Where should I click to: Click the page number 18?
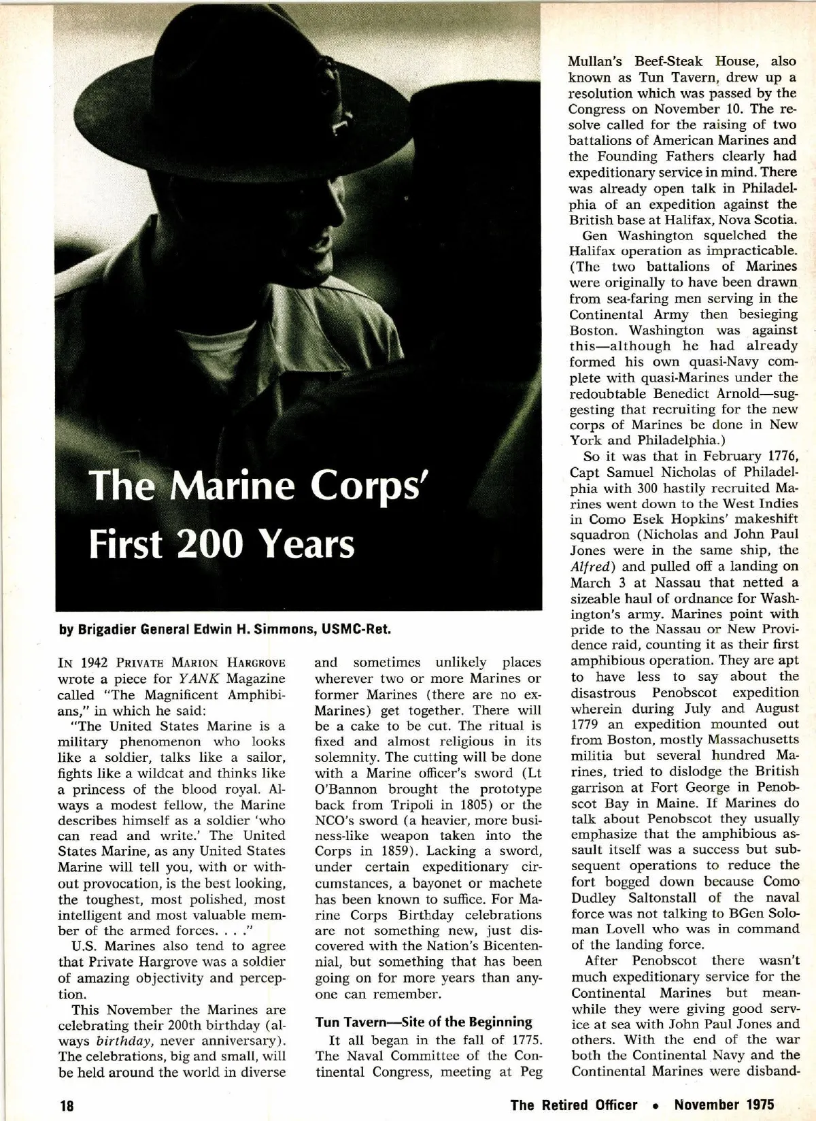point(66,1105)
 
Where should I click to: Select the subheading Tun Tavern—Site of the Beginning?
point(424,1022)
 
